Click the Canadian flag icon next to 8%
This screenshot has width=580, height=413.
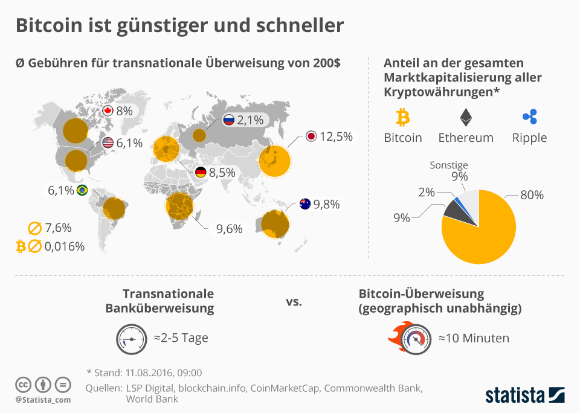pyautogui.click(x=108, y=110)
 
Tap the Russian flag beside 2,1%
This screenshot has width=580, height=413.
pyautogui.click(x=229, y=120)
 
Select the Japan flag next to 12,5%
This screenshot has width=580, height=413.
pyautogui.click(x=311, y=136)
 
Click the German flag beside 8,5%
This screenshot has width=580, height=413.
pyautogui.click(x=201, y=172)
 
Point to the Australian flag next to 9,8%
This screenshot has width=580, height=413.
pyautogui.click(x=304, y=204)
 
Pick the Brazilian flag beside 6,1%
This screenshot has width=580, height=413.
pyautogui.click(x=82, y=190)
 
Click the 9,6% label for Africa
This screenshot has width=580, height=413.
pyautogui.click(x=230, y=229)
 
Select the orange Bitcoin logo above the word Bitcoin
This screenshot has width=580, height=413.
pyautogui.click(x=402, y=116)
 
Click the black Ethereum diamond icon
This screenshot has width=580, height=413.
pyautogui.click(x=466, y=116)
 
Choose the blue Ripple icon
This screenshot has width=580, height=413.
pyautogui.click(x=529, y=116)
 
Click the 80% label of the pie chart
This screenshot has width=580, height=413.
pyautogui.click(x=532, y=195)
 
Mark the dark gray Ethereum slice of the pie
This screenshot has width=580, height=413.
pyautogui.click(x=454, y=210)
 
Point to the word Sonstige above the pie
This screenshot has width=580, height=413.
pyautogui.click(x=448, y=165)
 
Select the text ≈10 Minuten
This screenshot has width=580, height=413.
pyautogui.click(x=474, y=338)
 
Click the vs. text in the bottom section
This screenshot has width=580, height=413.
pyautogui.click(x=293, y=300)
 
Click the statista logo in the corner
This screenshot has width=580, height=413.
pyautogui.click(x=524, y=395)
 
